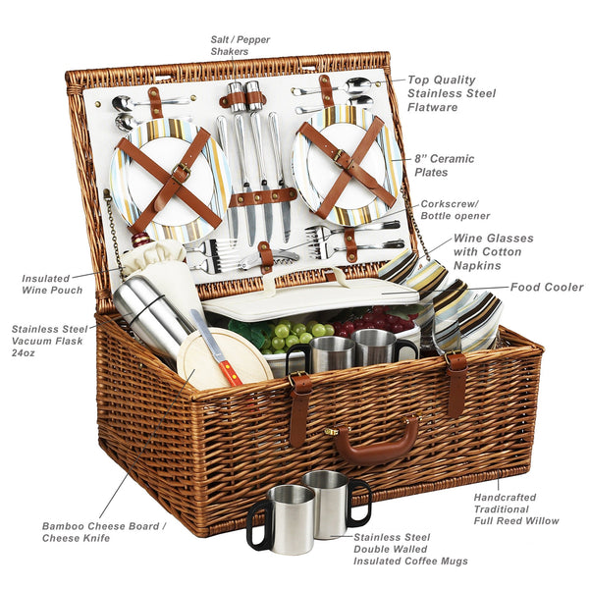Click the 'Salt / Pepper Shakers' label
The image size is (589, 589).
point(241,45)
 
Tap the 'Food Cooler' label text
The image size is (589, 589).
point(547,288)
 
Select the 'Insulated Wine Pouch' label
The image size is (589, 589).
point(52,285)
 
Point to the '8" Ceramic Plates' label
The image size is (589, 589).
point(445,165)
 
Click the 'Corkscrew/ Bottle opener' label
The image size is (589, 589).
point(455,210)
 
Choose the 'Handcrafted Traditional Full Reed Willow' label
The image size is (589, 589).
point(516,509)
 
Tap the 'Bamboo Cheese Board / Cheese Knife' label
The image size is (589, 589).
point(104,532)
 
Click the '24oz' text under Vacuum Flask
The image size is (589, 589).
point(23,353)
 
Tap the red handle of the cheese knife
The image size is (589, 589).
point(231,373)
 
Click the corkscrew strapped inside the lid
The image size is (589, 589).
point(269,258)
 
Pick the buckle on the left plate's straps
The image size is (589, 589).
point(182,172)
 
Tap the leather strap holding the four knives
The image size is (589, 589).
point(262,197)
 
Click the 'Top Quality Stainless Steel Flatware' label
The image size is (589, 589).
point(452,93)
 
